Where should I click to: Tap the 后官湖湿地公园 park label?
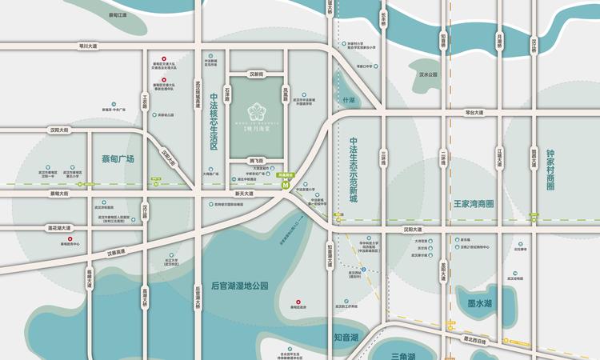pyautogui.click(x=239, y=286)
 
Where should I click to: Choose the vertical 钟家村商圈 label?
pyautogui.click(x=550, y=170)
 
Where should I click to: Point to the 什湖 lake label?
pyautogui.click(x=347, y=101)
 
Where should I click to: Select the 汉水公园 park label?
pyautogui.click(x=429, y=74)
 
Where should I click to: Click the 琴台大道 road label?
pyautogui.click(x=475, y=113)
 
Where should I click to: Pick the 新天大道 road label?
pyautogui.click(x=244, y=194)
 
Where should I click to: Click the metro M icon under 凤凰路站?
pyautogui.click(x=286, y=183)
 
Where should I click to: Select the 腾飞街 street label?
pyautogui.click(x=257, y=160)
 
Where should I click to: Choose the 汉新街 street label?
pyautogui.click(x=256, y=74)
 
